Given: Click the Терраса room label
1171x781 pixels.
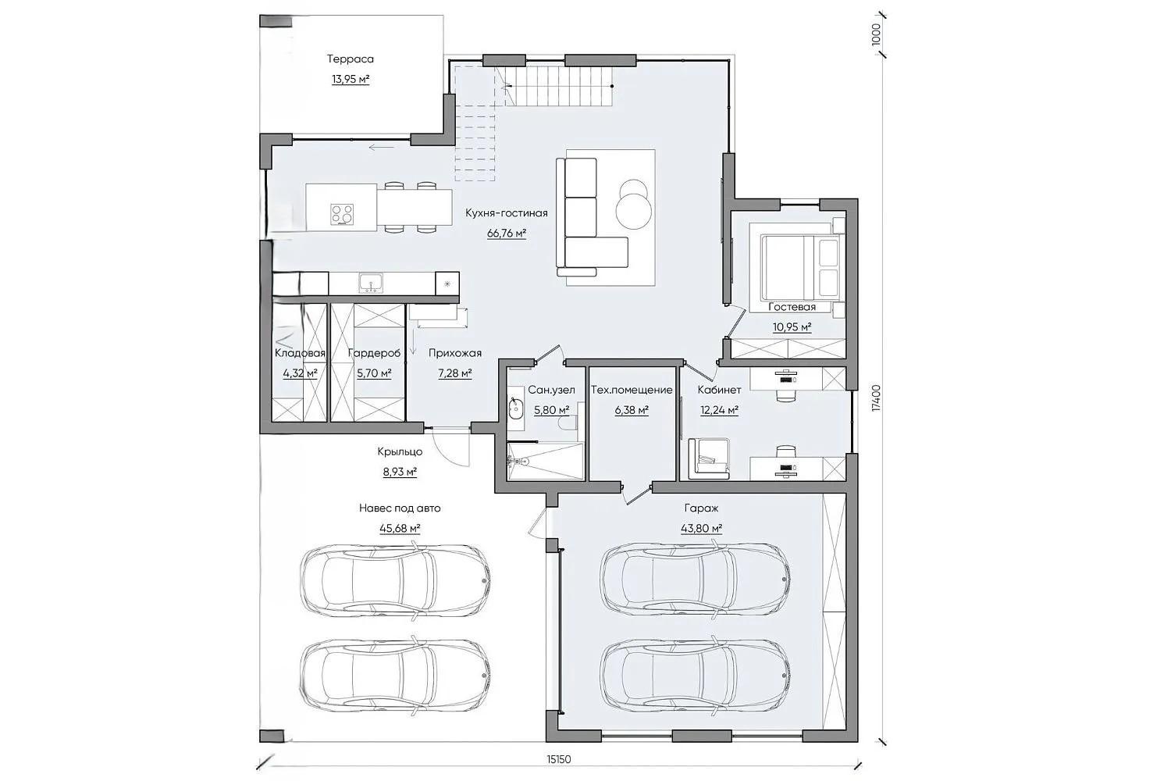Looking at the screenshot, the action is tap(351, 59).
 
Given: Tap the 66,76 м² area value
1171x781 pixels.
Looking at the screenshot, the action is tap(507, 234).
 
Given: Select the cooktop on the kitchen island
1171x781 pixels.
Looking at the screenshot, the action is tap(342, 214).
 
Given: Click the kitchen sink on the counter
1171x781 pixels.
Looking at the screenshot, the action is tap(371, 283).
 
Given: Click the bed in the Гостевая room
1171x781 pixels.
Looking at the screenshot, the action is tap(800, 267).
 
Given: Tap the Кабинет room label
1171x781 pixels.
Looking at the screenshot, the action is tap(719, 390).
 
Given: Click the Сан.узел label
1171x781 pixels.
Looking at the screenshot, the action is tap(551, 390).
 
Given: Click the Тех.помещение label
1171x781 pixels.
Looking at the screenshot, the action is tap(632, 390).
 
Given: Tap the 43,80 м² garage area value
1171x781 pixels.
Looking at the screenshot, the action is tap(702, 528).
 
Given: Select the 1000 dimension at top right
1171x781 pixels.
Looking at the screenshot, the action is tap(877, 34).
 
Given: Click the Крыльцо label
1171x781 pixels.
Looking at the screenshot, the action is tap(400, 451).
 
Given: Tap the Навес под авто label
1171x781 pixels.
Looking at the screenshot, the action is tap(400, 508).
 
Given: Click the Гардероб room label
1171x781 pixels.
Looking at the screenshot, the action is tap(374, 353).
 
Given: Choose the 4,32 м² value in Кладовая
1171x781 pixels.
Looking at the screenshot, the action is tap(300, 373).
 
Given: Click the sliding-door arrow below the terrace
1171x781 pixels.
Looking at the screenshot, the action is tap(381, 148).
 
